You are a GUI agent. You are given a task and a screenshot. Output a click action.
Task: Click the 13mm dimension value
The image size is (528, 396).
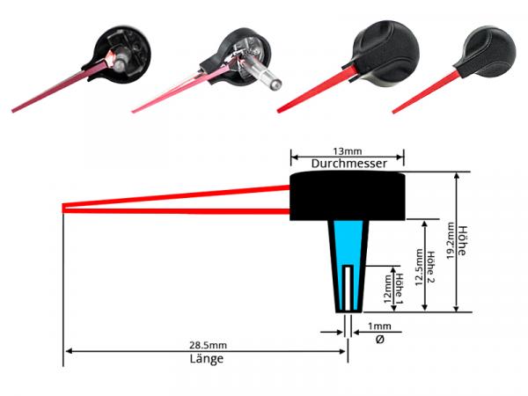(x=348, y=151)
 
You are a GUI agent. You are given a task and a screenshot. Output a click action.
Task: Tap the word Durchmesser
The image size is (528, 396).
(x=348, y=164)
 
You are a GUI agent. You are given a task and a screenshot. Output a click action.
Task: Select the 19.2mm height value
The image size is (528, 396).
(x=451, y=241)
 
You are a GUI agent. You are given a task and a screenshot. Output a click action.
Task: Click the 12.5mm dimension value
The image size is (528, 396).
(x=419, y=267)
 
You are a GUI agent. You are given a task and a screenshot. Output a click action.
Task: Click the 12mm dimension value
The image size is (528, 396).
(x=387, y=289)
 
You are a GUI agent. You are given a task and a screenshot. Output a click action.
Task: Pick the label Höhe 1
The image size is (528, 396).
(x=399, y=289)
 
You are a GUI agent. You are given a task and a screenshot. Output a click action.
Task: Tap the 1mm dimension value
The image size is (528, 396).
(x=379, y=326)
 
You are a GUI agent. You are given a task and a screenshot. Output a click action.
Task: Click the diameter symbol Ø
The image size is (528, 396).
(x=379, y=340)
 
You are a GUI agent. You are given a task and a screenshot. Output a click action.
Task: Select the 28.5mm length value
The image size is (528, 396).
(x=208, y=345)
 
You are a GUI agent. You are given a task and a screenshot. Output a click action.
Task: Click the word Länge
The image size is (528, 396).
(x=207, y=359)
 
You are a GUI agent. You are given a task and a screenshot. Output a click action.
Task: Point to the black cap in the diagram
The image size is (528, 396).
(x=348, y=195)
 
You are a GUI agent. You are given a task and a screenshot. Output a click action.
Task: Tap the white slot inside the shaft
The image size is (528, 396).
(x=348, y=288)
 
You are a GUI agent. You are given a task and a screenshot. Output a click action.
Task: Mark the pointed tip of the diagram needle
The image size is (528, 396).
(x=63, y=209)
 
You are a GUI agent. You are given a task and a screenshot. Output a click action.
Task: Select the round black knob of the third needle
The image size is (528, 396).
(x=385, y=53)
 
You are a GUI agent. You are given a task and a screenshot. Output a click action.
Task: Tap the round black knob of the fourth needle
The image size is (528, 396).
(x=489, y=52)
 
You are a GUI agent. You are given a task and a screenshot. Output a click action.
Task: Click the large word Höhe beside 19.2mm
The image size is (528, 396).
(x=462, y=240)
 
